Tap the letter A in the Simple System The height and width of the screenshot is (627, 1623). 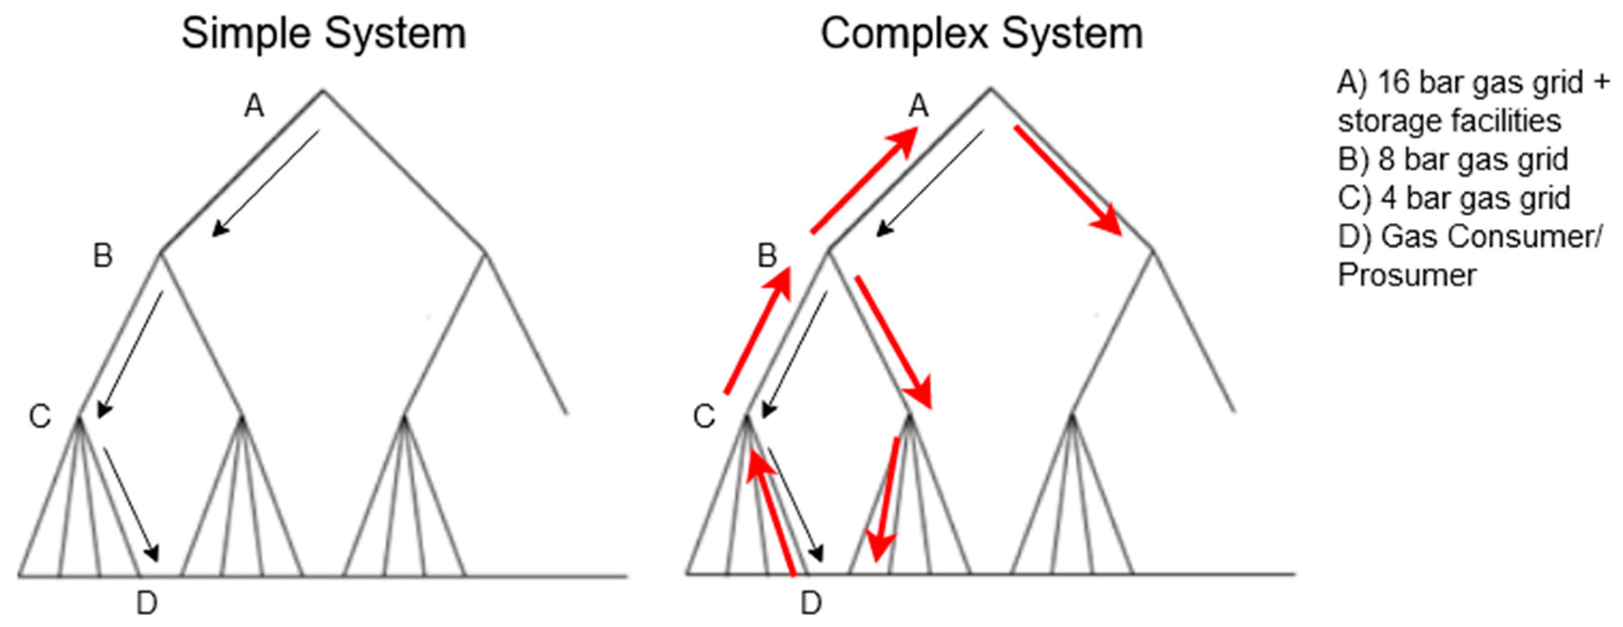click(x=254, y=106)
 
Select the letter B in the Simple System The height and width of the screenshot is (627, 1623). click(x=103, y=255)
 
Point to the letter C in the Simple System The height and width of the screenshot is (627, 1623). click(x=40, y=416)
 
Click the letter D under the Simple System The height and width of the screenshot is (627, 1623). click(x=147, y=603)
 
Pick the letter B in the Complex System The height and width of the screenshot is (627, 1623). click(x=767, y=255)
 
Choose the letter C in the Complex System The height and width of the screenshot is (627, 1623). click(x=704, y=416)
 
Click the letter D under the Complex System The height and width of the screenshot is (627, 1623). click(x=811, y=603)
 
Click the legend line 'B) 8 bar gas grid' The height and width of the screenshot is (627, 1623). click(x=1453, y=159)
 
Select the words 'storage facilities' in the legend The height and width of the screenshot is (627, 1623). click(x=1449, y=121)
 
